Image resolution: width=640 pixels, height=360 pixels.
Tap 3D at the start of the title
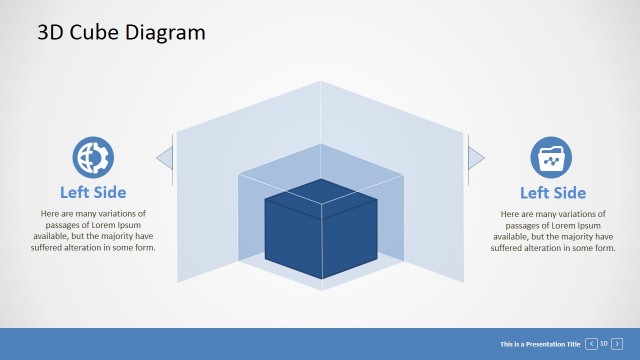51,32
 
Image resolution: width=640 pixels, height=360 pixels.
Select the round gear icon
93,157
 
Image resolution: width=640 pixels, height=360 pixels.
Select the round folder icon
552,157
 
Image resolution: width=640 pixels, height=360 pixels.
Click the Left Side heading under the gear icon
93,192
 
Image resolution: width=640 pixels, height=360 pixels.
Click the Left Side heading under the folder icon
552,192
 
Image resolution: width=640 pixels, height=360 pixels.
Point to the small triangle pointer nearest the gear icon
164,155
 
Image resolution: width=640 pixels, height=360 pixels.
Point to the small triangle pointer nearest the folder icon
476,155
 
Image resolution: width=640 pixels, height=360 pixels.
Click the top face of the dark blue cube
320,193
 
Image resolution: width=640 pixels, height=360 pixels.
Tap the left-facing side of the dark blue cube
292,239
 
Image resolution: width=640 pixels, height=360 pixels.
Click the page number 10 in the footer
604,344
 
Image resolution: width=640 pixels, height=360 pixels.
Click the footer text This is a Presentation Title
540,344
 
